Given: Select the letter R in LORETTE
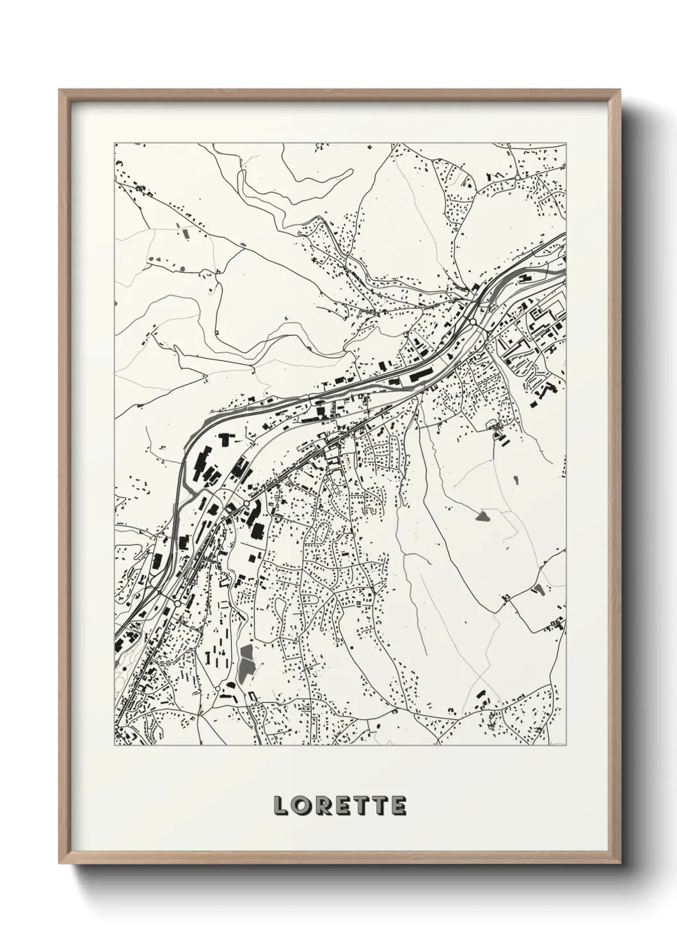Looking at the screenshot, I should (x=323, y=806).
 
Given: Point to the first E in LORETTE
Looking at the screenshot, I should (x=344, y=806).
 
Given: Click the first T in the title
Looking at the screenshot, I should (x=362, y=806).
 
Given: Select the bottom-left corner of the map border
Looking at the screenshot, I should (x=115, y=746).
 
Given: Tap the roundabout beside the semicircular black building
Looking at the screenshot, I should (x=246, y=504).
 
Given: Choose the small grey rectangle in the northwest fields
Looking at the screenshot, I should (x=186, y=233).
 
